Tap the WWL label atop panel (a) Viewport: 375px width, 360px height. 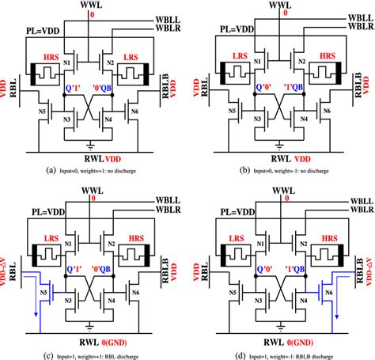point(93,6)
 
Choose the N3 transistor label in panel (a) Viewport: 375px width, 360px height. point(70,119)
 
